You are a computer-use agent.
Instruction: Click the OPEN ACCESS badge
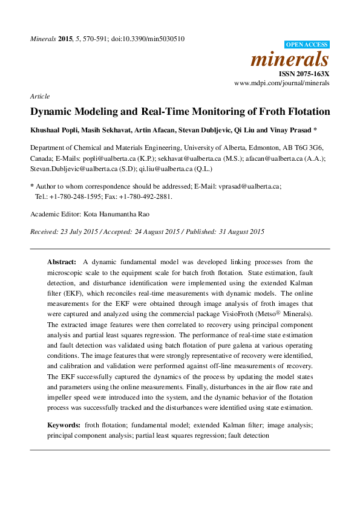[x=307, y=45]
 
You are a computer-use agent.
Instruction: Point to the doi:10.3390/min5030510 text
[x=148, y=39]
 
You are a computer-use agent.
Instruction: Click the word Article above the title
[x=39, y=96]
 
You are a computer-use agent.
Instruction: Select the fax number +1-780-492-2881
[x=150, y=196]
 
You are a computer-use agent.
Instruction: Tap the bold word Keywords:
[x=64, y=426]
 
